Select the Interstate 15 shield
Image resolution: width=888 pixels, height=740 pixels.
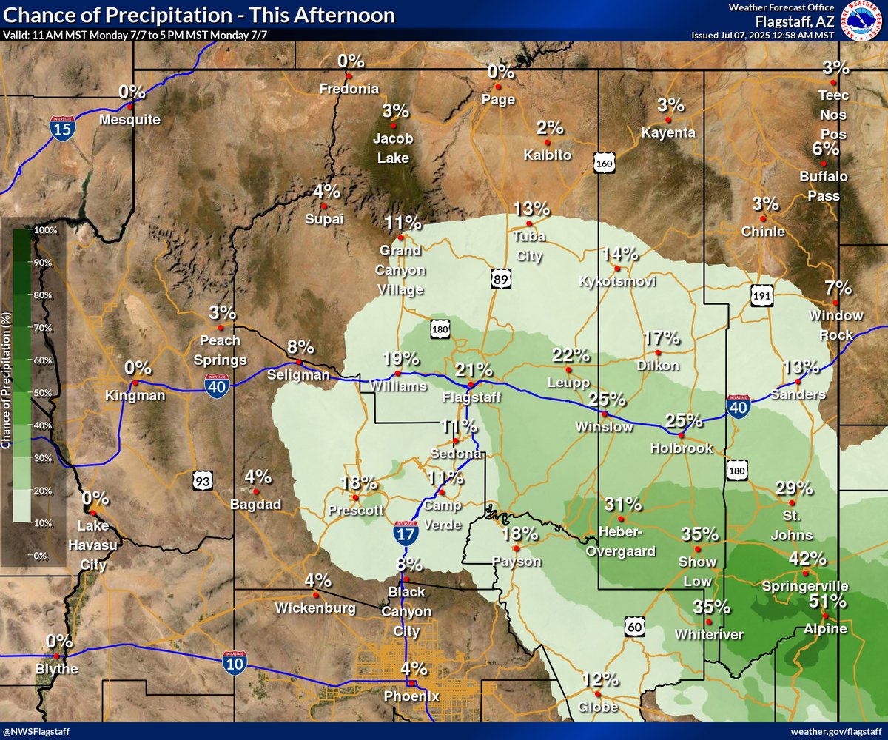click(x=61, y=128)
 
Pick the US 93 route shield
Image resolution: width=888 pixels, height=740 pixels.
click(x=202, y=482)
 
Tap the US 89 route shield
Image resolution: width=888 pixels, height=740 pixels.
click(x=500, y=278)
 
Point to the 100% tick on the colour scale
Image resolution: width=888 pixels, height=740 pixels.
click(x=46, y=230)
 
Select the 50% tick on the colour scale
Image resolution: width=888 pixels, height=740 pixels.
click(x=46, y=392)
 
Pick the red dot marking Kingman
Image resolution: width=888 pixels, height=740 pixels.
click(x=135, y=383)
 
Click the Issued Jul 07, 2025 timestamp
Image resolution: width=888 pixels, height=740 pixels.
click(x=762, y=35)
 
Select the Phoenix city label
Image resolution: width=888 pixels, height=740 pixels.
click(x=411, y=696)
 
